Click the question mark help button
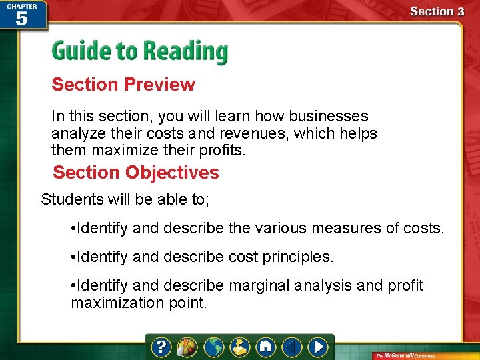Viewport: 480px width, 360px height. pyautogui.click(x=161, y=347)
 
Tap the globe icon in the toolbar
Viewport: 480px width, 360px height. pyautogui.click(x=213, y=347)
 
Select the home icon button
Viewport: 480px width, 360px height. pyautogui.click(x=265, y=347)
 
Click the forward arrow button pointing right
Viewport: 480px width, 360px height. pyautogui.click(x=318, y=347)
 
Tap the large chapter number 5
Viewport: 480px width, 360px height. pyautogui.click(x=21, y=19)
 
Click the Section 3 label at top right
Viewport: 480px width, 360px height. pyautogui.click(x=437, y=11)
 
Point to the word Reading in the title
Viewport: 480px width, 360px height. pyautogui.click(x=189, y=52)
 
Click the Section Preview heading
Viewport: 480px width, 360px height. pyautogui.click(x=123, y=85)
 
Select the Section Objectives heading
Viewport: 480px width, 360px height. pyautogui.click(x=136, y=173)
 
